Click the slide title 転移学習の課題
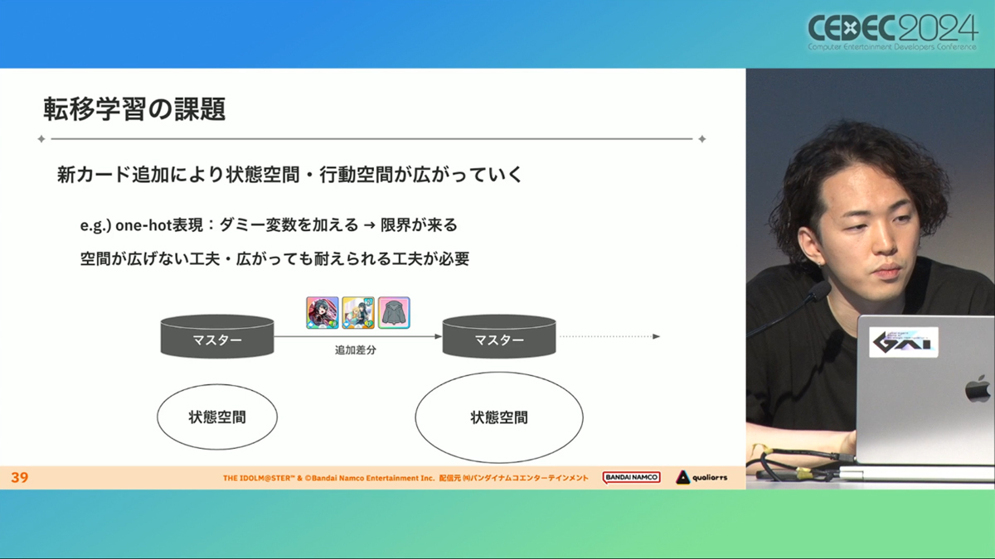[x=134, y=108]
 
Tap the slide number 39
[x=20, y=477]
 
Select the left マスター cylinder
[x=217, y=336]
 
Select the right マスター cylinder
[x=499, y=336]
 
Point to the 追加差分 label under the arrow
[x=356, y=350]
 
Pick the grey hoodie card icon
[x=394, y=313]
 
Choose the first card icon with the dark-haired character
[x=322, y=313]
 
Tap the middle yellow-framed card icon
[x=358, y=313]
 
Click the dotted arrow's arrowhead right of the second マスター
[x=657, y=336]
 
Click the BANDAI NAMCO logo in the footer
[x=631, y=477]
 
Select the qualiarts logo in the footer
[x=701, y=477]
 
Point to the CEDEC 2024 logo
[x=893, y=32]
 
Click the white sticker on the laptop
[x=904, y=342]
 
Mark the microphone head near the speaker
[x=819, y=292]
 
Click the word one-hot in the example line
[x=143, y=225]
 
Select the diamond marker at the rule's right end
[x=701, y=139]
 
